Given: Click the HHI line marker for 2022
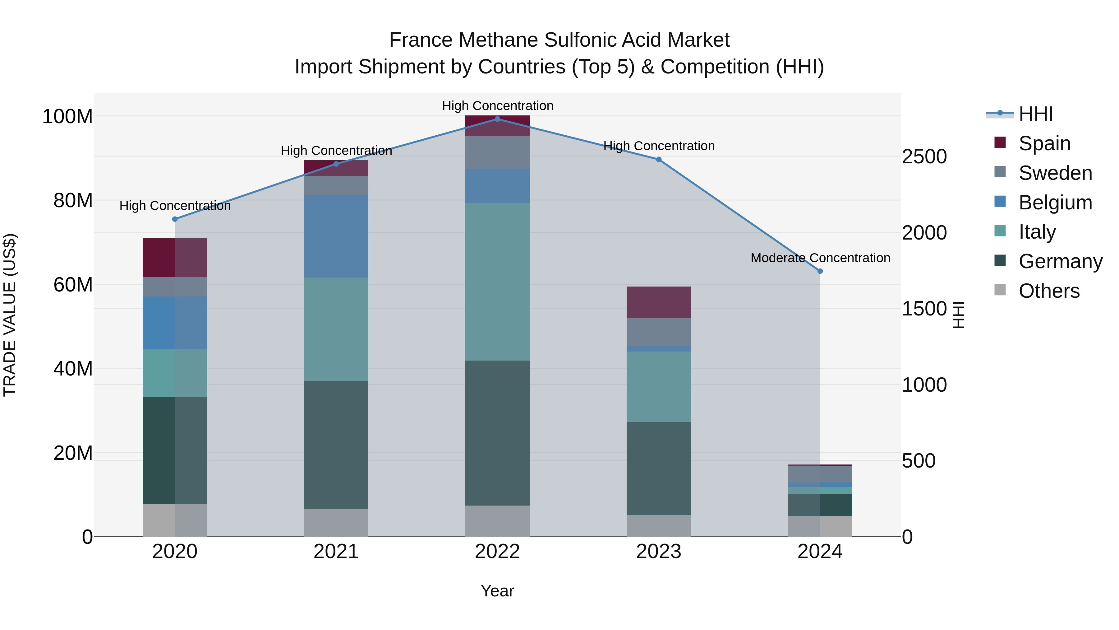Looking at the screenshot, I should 497,119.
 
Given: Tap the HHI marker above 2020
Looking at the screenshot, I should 175,219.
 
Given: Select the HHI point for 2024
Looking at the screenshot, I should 820,271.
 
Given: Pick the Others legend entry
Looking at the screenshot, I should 1049,291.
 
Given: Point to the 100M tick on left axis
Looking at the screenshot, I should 67,117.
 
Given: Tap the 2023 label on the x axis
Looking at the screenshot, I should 659,552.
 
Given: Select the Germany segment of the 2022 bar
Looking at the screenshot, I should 497,433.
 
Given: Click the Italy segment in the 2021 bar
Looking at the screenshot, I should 336,329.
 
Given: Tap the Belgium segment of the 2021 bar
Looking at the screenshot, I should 336,236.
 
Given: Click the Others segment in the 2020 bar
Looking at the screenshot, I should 175,520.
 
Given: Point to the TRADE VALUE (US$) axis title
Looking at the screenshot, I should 10,315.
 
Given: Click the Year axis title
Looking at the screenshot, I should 497,591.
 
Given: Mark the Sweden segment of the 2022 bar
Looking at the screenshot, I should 497,153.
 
